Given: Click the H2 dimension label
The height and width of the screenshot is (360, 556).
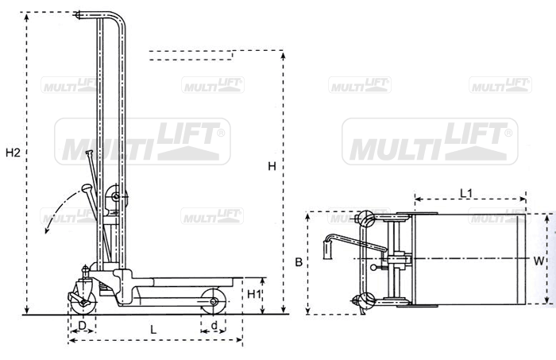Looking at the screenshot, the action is point(13,153).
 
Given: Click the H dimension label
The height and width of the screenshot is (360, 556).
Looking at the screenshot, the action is point(272,166).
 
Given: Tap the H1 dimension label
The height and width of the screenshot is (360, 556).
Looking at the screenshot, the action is point(254,294).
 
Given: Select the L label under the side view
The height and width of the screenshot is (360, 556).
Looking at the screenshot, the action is point(153,330).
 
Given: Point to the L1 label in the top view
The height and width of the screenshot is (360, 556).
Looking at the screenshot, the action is point(466,193).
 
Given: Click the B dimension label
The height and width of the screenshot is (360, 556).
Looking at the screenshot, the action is point(299,262).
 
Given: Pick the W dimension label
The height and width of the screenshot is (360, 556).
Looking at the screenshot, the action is point(539,261).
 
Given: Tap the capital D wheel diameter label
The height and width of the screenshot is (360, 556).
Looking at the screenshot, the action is point(82,325).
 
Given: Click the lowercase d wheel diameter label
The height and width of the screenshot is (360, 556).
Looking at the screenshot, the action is point(214,325).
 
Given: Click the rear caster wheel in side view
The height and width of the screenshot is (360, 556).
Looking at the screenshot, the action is point(83,303).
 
